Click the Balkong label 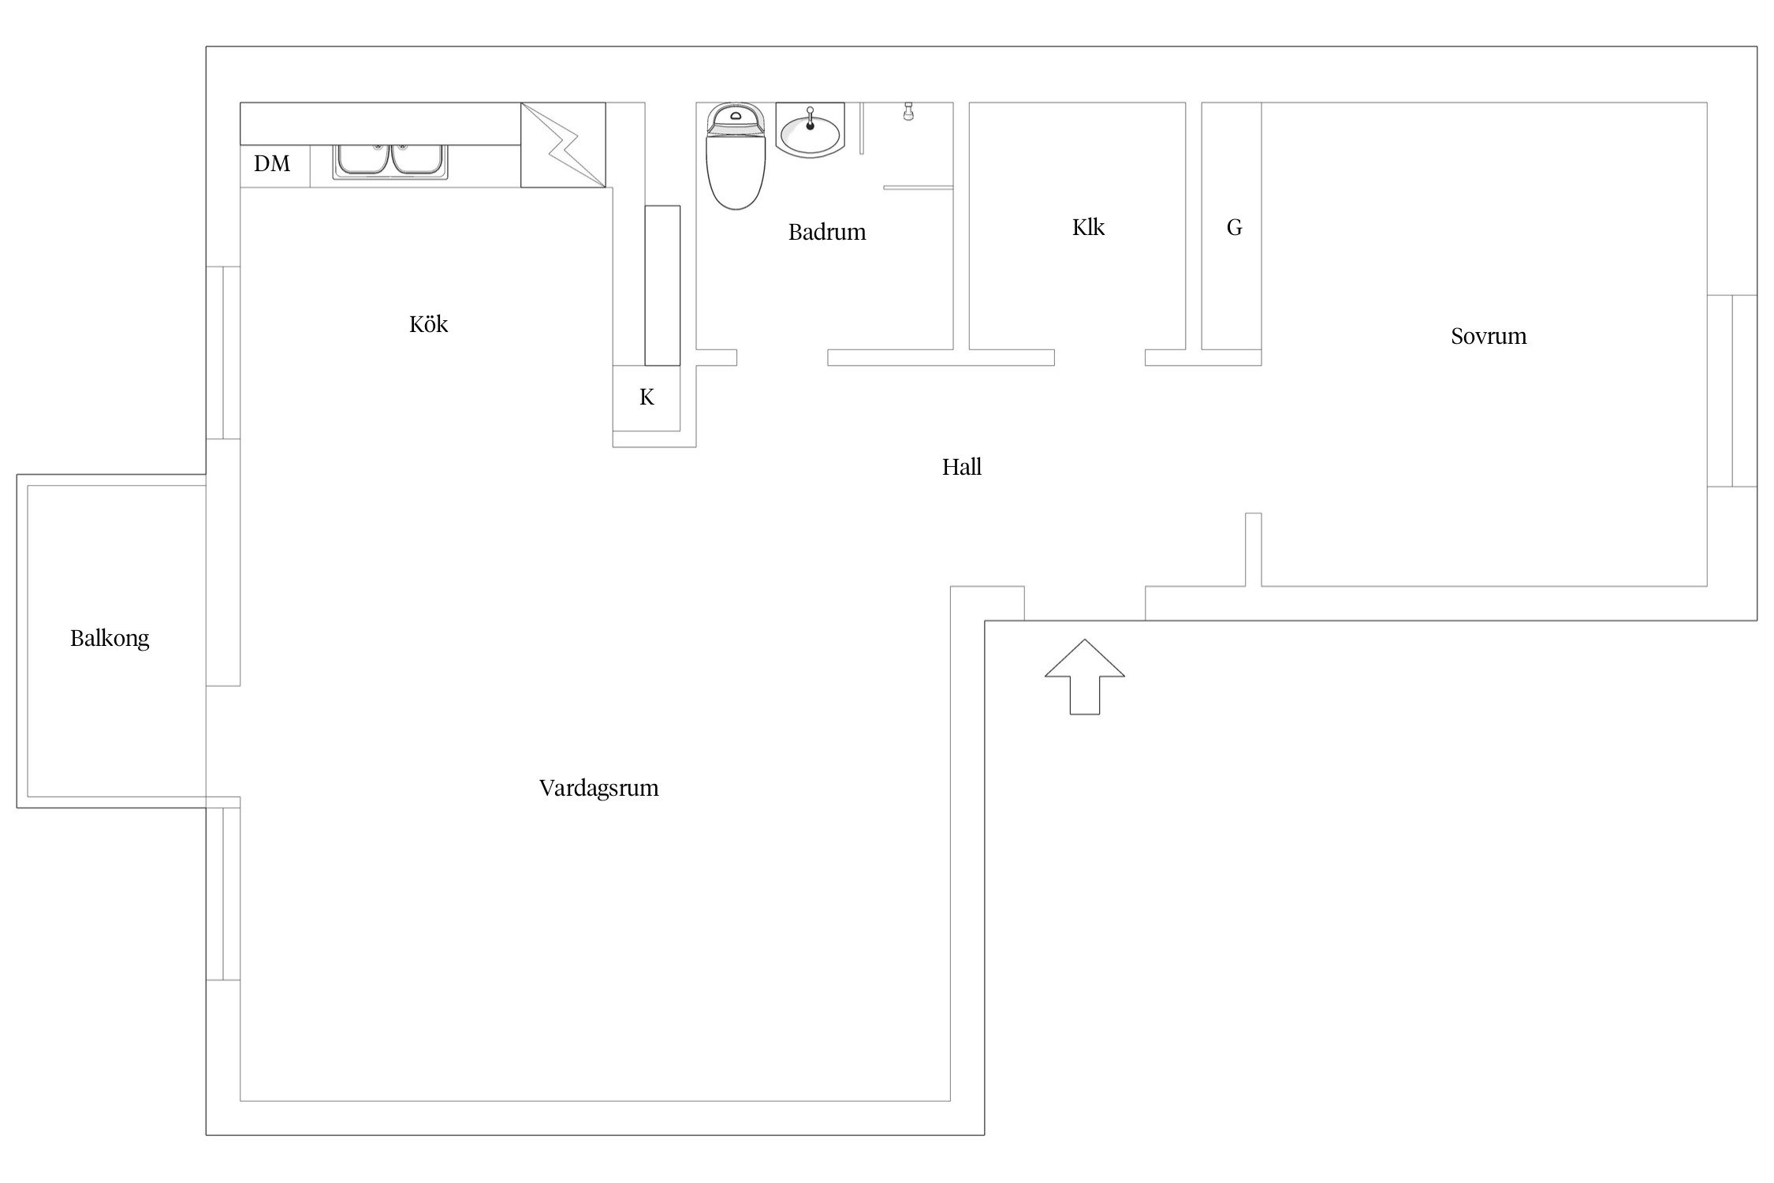(110, 638)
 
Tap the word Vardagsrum (598, 788)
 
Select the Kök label (428, 324)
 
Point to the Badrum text (827, 232)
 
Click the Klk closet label (1088, 227)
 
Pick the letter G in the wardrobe (1235, 228)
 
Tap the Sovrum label (1489, 336)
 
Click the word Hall (962, 467)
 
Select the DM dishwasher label (272, 163)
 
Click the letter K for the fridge (647, 397)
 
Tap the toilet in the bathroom (736, 156)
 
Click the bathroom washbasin (810, 130)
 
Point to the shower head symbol (908, 110)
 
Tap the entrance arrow (1085, 677)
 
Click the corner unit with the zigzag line (563, 145)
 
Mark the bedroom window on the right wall (1732, 390)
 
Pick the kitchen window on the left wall (223, 353)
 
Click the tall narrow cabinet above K (662, 285)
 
